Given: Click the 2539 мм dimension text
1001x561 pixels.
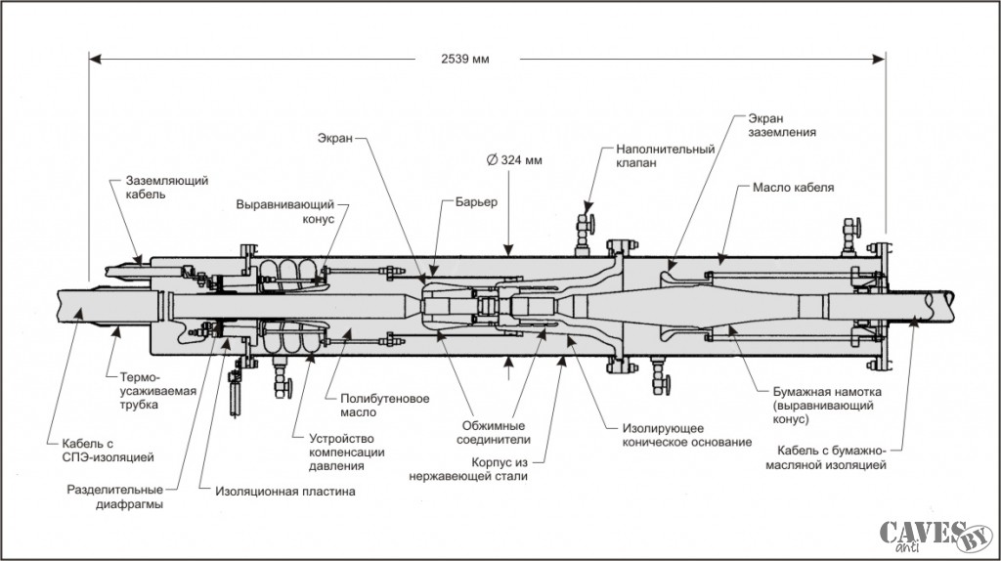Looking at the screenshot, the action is point(464,59).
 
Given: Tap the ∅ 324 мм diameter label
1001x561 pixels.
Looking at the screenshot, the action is point(514,159).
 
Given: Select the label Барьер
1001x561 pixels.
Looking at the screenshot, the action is point(476,202).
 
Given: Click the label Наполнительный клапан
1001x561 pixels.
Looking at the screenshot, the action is point(665,155).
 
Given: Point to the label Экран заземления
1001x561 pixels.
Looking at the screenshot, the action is point(782,125).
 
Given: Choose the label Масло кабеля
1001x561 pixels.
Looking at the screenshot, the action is point(793,188).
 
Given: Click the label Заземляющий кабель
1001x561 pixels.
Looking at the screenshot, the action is point(166,187).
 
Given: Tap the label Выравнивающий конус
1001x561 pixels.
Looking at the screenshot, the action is point(285,212).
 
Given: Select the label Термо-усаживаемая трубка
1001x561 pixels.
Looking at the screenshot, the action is point(158,391).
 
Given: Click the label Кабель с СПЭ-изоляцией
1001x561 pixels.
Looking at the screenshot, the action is point(108,450).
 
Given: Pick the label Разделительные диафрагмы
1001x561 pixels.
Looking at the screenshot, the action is point(115,496).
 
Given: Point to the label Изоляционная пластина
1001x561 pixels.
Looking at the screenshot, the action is point(285,492).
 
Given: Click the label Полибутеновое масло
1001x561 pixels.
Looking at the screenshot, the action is point(385,406).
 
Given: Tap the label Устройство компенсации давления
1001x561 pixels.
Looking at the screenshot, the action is point(347,452).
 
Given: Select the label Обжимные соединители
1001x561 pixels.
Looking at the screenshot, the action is point(494,432).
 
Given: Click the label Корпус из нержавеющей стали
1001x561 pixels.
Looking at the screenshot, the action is point(468,468).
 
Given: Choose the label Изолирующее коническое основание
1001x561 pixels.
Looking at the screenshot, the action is point(687,435).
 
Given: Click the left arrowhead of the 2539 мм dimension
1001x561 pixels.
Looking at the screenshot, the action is point(95,59).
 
